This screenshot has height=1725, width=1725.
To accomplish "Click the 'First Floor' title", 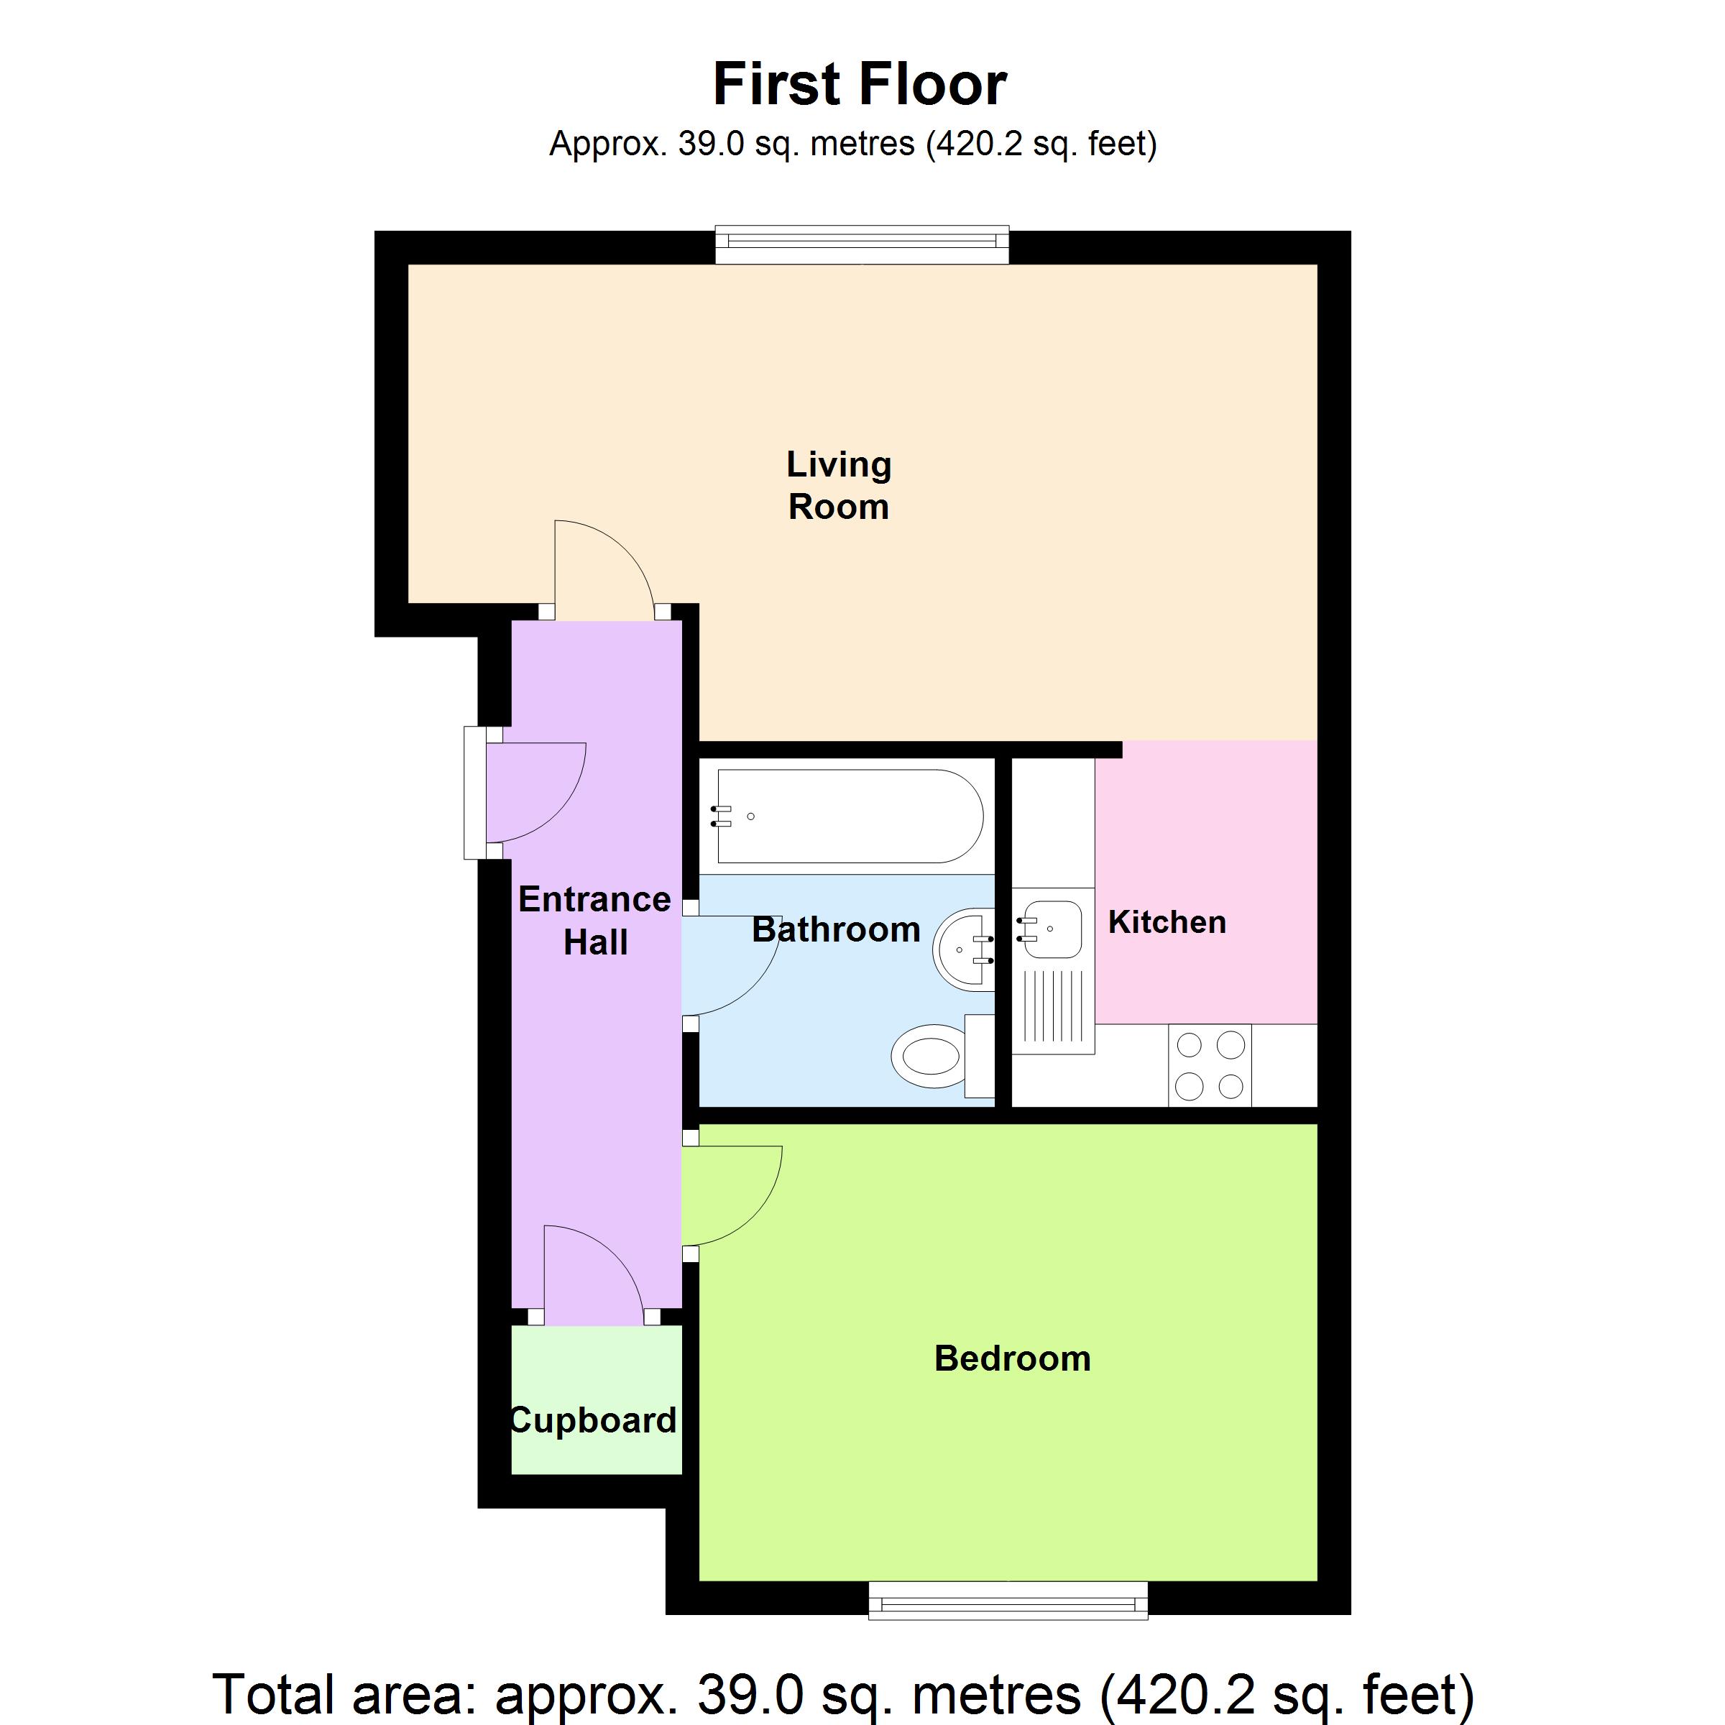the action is (860, 85).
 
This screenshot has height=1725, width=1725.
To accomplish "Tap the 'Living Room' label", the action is (838, 485).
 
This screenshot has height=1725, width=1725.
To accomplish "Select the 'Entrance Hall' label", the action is (594, 921).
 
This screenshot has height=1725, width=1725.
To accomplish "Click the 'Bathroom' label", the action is (836, 929).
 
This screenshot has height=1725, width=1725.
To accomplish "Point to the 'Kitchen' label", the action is (1167, 922).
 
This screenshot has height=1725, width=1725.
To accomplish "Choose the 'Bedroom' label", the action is (1013, 1358).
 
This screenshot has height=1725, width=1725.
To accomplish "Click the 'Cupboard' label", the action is (593, 1420).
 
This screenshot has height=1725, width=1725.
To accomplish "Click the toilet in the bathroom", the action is (943, 1060).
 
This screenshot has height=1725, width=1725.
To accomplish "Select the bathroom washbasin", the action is (965, 949).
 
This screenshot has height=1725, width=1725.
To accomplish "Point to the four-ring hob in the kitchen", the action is (1210, 1065).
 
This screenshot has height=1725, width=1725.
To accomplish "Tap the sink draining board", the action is (1054, 1007).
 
